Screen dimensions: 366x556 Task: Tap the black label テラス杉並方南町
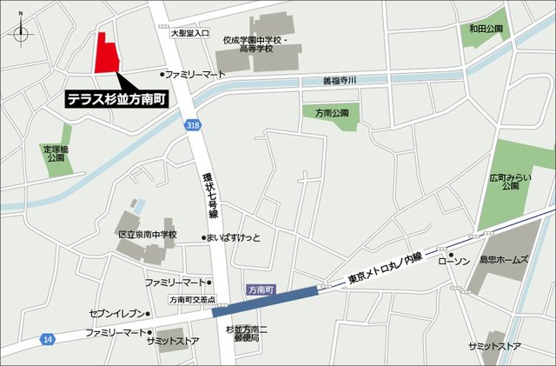point(118,100)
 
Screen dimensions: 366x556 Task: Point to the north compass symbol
point(22,34)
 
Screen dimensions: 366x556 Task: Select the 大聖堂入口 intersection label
point(190,33)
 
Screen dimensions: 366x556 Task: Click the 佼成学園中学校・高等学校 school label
point(254,44)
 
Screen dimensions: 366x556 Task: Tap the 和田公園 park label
point(486,29)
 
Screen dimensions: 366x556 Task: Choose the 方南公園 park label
point(331,113)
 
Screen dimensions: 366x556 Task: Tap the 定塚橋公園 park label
point(56,154)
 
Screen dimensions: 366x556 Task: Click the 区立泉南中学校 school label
point(147,235)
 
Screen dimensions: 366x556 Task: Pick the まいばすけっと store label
point(235,238)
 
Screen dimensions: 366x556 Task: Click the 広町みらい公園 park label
point(509,180)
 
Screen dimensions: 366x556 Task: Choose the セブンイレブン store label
point(116,314)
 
